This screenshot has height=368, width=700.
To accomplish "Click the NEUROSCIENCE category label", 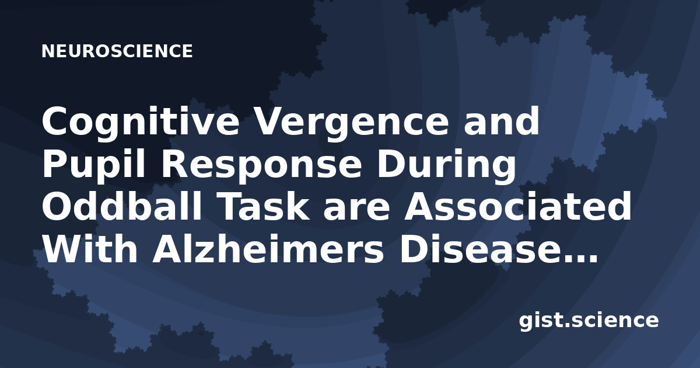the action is (117, 51).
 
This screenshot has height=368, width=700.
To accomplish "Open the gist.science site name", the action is (589, 321).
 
